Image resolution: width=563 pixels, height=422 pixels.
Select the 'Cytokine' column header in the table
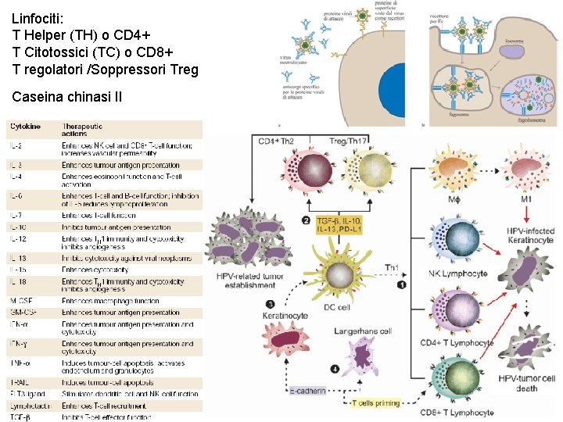[x=26, y=127]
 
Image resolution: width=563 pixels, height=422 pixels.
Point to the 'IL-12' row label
[x=18, y=238]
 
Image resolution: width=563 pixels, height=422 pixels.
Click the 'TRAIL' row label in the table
[x=20, y=383]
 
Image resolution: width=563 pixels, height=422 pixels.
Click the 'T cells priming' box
[x=375, y=403]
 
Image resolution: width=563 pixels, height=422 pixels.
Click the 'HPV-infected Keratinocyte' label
[x=531, y=236]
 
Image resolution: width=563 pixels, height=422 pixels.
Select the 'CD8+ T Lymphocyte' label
[x=457, y=412]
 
